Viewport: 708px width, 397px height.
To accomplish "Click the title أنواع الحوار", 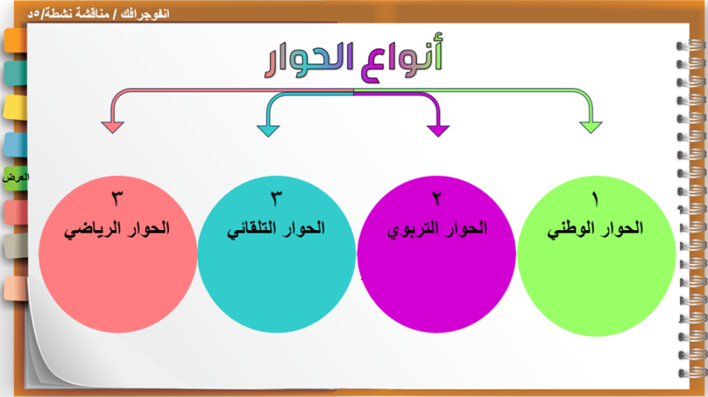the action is (353, 58).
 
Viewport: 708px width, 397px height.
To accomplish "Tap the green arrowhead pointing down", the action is (590, 127).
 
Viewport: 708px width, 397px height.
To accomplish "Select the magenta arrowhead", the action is (438, 131).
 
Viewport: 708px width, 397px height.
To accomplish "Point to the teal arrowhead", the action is (268, 131).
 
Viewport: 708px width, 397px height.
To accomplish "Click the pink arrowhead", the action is (113, 127).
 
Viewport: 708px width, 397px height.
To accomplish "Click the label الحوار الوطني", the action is (595, 229).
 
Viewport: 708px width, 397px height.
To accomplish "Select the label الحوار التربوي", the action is (437, 229).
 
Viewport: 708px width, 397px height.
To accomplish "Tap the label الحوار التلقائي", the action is (276, 229).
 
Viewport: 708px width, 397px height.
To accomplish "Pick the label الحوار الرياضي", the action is (117, 229).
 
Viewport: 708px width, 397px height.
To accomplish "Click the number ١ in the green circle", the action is (595, 198).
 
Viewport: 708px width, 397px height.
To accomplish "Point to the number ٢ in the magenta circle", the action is (437, 198).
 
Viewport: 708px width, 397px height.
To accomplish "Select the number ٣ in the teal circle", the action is (276, 198).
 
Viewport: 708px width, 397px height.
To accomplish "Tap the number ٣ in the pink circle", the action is (117, 198).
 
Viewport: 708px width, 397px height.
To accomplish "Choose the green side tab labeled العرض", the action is (16, 178).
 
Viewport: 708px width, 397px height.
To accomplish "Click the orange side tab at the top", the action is (16, 40).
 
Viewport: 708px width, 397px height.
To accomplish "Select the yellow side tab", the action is (16, 108).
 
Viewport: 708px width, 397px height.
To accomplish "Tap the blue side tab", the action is (16, 144).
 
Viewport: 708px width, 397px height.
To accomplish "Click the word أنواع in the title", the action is (402, 58).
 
